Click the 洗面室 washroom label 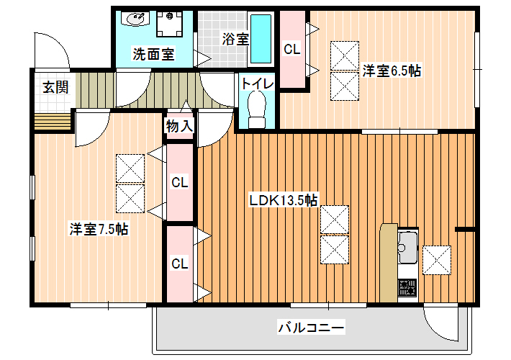pyautogui.click(x=153, y=54)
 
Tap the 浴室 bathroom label pyautogui.click(x=235, y=39)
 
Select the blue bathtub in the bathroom pyautogui.click(x=261, y=39)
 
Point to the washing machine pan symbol pyautogui.click(x=169, y=24)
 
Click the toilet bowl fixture pyautogui.click(x=257, y=109)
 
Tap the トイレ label pyautogui.click(x=258, y=84)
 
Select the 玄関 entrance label pyautogui.click(x=55, y=87)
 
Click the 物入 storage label pyautogui.click(x=179, y=126)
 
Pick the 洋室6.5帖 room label pyautogui.click(x=392, y=71)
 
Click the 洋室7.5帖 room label pyautogui.click(x=99, y=228)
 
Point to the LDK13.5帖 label pyautogui.click(x=283, y=200)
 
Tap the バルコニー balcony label pyautogui.click(x=311, y=327)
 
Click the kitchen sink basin pyautogui.click(x=407, y=247)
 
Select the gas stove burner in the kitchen pyautogui.click(x=407, y=287)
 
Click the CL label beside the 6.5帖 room pyautogui.click(x=291, y=49)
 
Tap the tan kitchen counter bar pyautogui.click(x=389, y=263)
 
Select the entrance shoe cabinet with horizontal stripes pyautogui.click(x=53, y=121)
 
